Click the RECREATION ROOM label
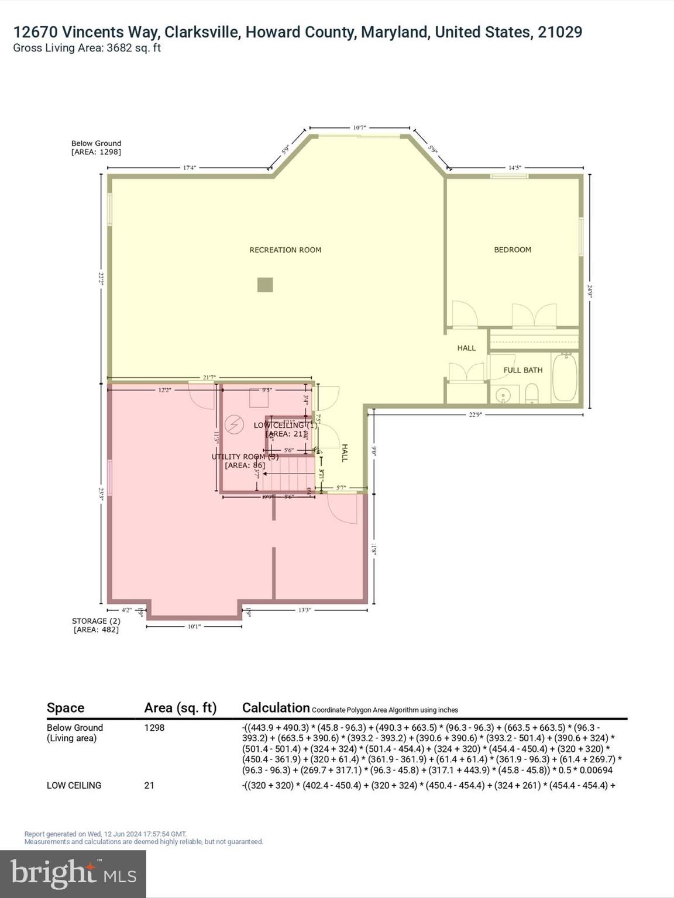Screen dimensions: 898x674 point(285,250)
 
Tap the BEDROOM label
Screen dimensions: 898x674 point(513,250)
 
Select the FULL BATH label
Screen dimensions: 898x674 point(522,370)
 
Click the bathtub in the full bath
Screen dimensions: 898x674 point(565,377)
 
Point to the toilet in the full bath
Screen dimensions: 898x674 point(531,393)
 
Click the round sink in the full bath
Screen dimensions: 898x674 point(503,396)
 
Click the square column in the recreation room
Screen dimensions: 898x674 point(265,285)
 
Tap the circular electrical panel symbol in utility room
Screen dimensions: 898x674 point(235,424)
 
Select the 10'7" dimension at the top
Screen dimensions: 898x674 point(359,127)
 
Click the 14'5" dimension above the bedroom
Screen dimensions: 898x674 point(514,168)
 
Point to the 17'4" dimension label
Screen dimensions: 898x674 point(189,168)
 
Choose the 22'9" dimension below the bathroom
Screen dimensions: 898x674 point(476,415)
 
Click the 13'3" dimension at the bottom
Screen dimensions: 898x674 point(305,610)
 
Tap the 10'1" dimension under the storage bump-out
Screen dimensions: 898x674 point(194,627)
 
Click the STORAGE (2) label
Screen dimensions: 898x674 point(96,621)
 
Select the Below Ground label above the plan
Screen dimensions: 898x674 point(96,143)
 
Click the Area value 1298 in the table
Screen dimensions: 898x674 point(154,728)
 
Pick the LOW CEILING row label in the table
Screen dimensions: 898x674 point(74,785)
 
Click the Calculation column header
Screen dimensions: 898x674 point(276,708)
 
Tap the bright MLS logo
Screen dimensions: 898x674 point(73,874)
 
